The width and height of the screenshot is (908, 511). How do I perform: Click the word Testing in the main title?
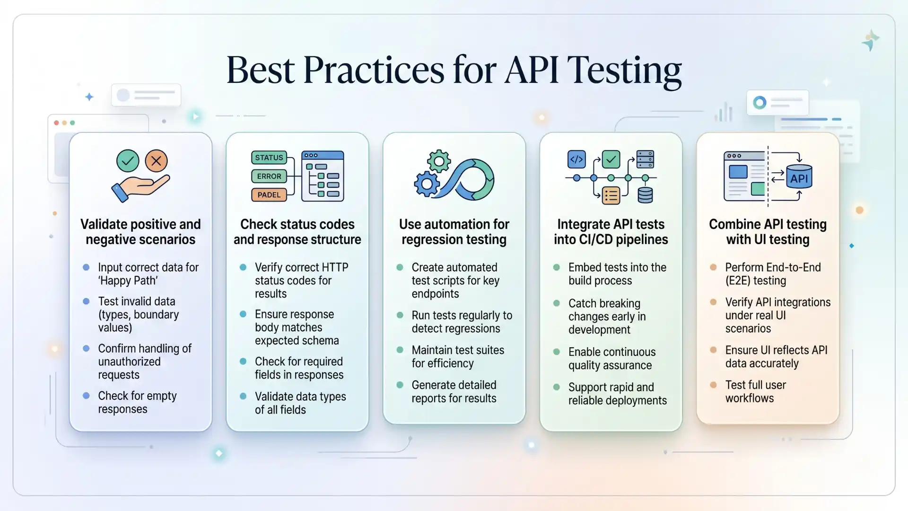click(x=624, y=70)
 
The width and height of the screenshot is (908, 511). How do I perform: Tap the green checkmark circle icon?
click(x=128, y=161)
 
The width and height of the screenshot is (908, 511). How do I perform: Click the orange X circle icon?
click(x=156, y=161)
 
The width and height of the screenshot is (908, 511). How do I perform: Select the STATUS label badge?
click(x=269, y=158)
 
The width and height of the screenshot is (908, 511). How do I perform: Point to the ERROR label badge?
click(x=269, y=176)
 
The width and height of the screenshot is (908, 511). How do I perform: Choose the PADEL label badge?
click(x=269, y=194)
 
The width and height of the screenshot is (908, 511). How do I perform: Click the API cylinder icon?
click(x=799, y=177)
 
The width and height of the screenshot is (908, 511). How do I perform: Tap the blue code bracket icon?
click(x=576, y=159)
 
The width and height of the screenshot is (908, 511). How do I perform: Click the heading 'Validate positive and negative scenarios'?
click(x=140, y=232)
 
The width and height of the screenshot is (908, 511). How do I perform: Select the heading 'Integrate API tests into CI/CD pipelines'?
click(x=611, y=232)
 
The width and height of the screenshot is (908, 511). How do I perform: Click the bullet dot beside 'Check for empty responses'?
click(x=86, y=396)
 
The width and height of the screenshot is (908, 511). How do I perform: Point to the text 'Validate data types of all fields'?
click(x=300, y=403)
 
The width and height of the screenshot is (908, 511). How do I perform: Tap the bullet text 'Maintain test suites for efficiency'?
click(x=457, y=357)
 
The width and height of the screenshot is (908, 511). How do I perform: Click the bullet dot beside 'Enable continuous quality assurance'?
click(x=557, y=352)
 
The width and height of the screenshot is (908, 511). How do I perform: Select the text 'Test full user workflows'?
click(x=755, y=392)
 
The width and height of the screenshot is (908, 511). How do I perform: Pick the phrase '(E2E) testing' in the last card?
click(x=755, y=281)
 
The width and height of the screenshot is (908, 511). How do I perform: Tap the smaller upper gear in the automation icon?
click(x=439, y=161)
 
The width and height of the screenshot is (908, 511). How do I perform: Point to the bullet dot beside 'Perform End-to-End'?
click(x=713, y=267)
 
